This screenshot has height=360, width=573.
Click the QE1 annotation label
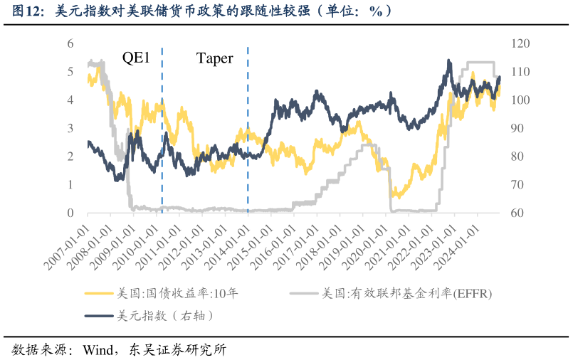tap(136, 58)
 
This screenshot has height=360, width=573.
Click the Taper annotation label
tap(214, 58)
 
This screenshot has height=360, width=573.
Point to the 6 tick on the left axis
tap(70, 44)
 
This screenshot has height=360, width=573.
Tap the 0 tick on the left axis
tap(70, 213)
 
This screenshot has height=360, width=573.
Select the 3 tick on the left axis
tap(70, 129)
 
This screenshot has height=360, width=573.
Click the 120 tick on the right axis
tap(520, 44)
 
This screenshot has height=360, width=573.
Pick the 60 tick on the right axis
tap(517, 213)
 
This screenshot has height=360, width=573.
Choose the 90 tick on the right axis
tap(517, 129)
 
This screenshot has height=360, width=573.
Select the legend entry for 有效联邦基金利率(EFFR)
tap(406, 292)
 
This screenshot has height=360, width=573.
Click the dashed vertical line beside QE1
tap(162, 128)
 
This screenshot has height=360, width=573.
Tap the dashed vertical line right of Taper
tap(248, 128)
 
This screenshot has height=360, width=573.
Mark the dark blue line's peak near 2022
tap(448, 61)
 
